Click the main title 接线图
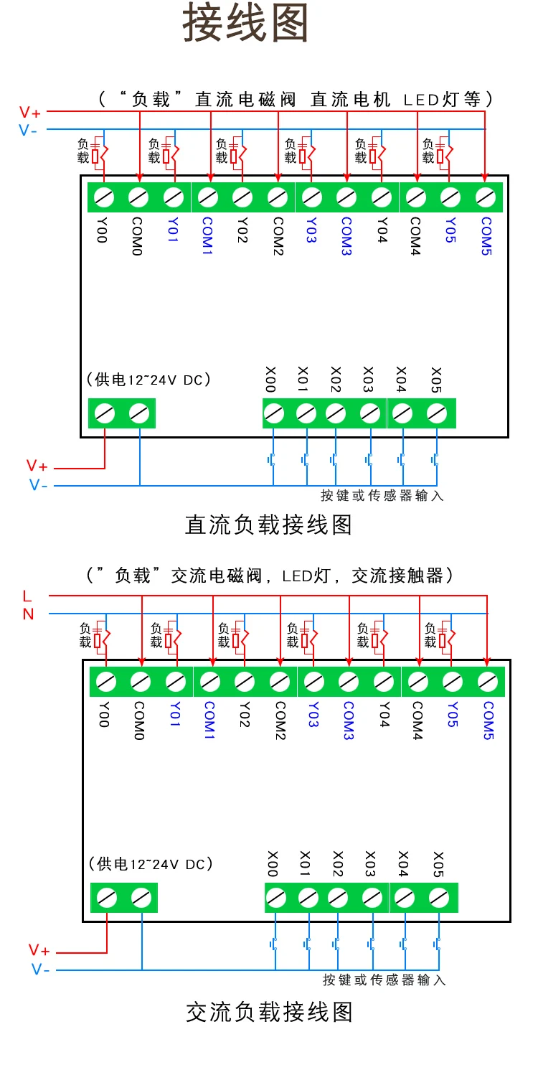pyautogui.click(x=245, y=22)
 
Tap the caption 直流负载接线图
pyautogui.click(x=268, y=525)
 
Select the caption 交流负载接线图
pyautogui.click(x=269, y=1012)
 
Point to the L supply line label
pyautogui.click(x=27, y=596)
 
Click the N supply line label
pyautogui.click(x=28, y=614)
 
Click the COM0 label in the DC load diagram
pyautogui.click(x=137, y=236)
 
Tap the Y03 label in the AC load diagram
pyautogui.click(x=313, y=714)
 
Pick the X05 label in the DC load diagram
pyautogui.click(x=436, y=380)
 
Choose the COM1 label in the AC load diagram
pyautogui.click(x=209, y=720)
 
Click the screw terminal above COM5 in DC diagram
pyautogui.click(x=486, y=197)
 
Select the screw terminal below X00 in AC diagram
pyautogui.click(x=276, y=898)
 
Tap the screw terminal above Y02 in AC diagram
pyautogui.click(x=245, y=682)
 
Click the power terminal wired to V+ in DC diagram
pyautogui.click(x=105, y=413)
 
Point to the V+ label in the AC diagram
pyautogui.click(x=39, y=950)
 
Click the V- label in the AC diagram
pyautogui.click(x=41, y=970)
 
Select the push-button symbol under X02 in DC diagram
pyautogui.click(x=334, y=460)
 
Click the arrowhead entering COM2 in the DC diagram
pyautogui.click(x=278, y=178)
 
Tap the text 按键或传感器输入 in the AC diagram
pyautogui.click(x=384, y=980)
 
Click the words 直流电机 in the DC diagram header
pyautogui.click(x=350, y=99)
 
